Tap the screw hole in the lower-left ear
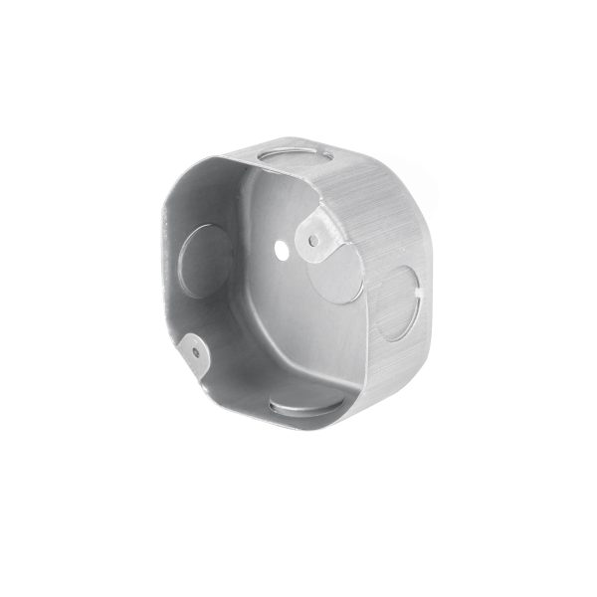coord(197,349)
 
